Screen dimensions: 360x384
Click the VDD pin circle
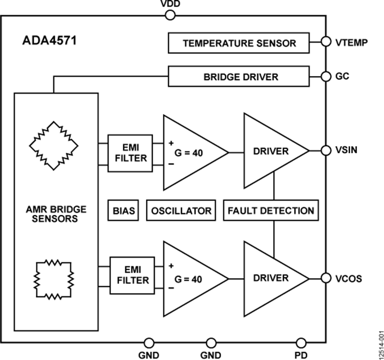point(170,16)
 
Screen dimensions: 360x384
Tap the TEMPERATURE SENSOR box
point(239,43)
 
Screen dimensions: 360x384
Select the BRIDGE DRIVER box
point(239,76)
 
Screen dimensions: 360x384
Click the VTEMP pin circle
point(326,42)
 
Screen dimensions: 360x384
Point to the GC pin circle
point(326,76)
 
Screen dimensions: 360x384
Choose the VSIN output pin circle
point(326,150)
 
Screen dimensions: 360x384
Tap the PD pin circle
point(301,342)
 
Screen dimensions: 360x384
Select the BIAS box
point(124,211)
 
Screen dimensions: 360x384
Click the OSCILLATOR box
point(180,211)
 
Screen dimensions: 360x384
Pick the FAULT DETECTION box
point(271,211)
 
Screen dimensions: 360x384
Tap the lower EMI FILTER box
point(132,275)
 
